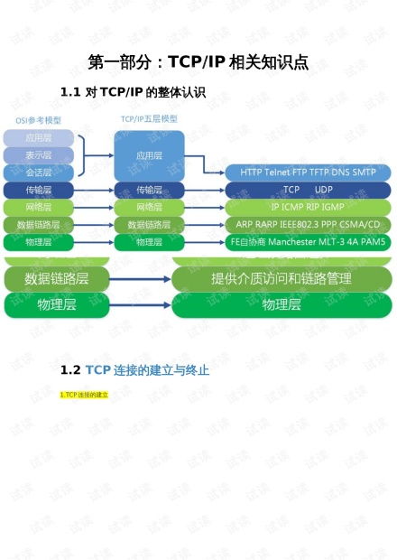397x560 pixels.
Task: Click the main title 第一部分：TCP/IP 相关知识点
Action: pos(198,62)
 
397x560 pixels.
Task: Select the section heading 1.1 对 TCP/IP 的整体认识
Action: pos(133,92)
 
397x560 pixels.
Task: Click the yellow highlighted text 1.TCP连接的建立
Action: pos(84,395)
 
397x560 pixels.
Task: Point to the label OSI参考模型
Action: pos(37,119)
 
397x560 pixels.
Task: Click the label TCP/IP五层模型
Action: pos(149,119)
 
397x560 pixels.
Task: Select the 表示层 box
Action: pos(38,154)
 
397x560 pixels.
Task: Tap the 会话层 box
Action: pos(38,172)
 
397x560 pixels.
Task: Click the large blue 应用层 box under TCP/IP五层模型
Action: pos(149,154)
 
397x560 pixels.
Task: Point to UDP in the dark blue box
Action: pos(324,190)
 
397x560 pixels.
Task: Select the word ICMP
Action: pos(293,207)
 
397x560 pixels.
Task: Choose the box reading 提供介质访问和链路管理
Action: pos(281,278)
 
